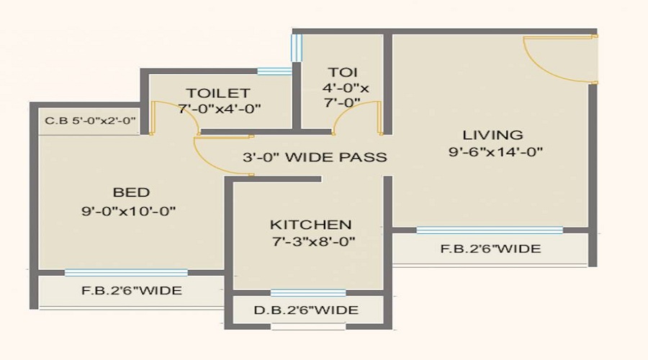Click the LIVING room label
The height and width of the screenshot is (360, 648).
point(492,135)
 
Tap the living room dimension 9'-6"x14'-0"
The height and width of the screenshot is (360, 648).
point(495,152)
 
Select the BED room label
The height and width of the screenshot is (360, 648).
point(132,192)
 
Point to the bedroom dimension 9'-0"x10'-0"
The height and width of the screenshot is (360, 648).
point(129,211)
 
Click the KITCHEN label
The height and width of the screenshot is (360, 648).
point(311,225)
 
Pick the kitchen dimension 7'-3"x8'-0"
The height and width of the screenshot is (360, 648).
point(314,241)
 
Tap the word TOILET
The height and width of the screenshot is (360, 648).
point(218,93)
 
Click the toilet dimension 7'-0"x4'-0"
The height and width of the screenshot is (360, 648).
point(220,109)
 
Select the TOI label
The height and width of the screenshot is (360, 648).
point(343,72)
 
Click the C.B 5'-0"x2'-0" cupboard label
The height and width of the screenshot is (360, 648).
point(91,121)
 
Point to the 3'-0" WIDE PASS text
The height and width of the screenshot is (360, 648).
point(315,157)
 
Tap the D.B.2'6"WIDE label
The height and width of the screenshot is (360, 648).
point(306,310)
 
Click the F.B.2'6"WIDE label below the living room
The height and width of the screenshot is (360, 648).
point(490,249)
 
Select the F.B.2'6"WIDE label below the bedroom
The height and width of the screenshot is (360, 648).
point(132,291)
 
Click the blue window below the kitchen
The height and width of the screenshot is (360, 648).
point(308,292)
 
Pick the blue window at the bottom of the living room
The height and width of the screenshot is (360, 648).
point(490,230)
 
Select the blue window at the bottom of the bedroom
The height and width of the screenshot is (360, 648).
point(126,272)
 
